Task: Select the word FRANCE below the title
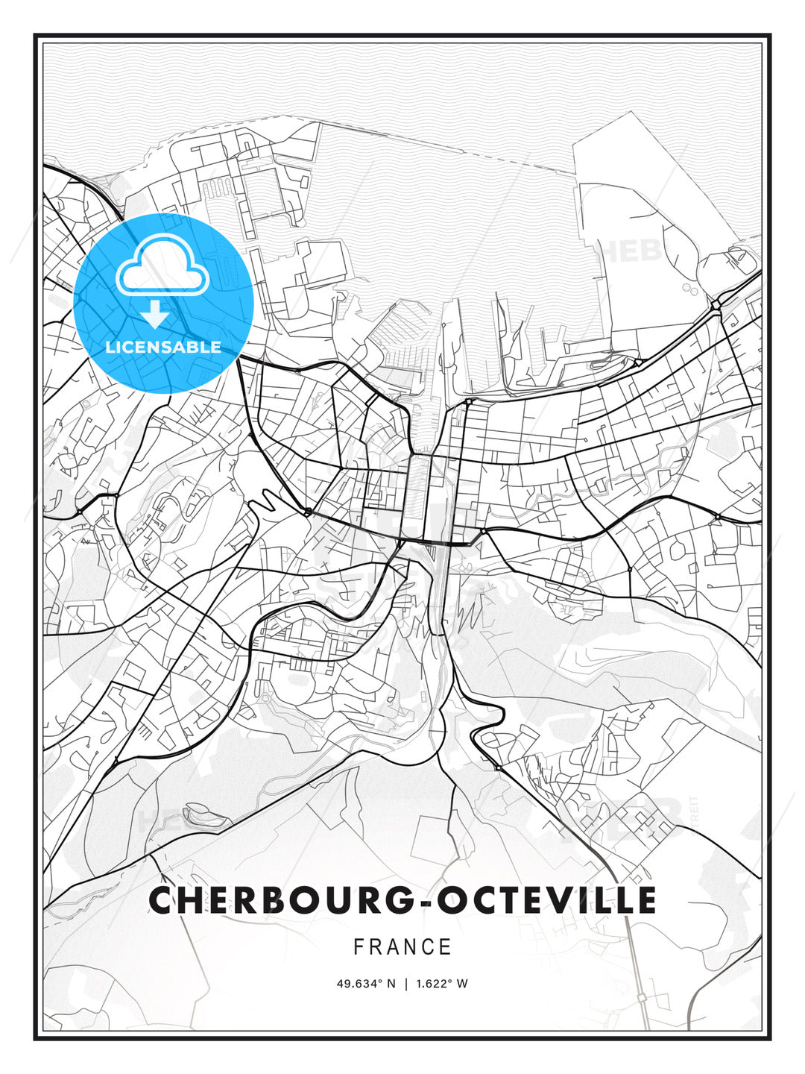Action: [x=402, y=947]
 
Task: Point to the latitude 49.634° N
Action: [x=366, y=984]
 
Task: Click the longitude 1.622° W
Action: [x=441, y=984]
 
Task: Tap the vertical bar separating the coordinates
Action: [x=405, y=984]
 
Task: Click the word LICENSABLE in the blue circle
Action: [x=163, y=347]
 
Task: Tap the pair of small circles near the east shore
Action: [x=688, y=287]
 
